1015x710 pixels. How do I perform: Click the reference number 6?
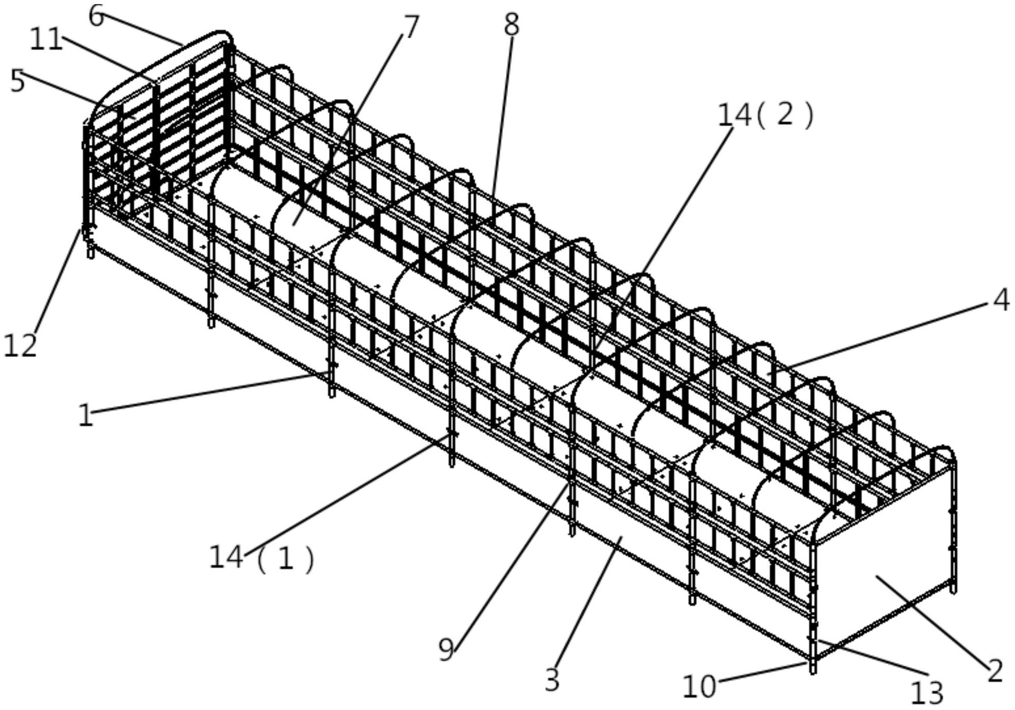coord(96,16)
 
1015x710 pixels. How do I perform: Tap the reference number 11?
coord(46,39)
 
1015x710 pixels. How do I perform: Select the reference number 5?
coord(18,81)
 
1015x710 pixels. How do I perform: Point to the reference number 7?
coord(411,27)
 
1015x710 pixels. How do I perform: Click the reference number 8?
coord(511,25)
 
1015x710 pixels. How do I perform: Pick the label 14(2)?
coord(765,115)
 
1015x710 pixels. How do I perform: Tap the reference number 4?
coord(1001,300)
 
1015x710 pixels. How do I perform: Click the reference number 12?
coord(21,345)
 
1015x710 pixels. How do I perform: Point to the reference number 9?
coord(447,649)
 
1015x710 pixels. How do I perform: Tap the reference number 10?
coord(699,686)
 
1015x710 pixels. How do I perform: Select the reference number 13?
coord(927,692)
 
